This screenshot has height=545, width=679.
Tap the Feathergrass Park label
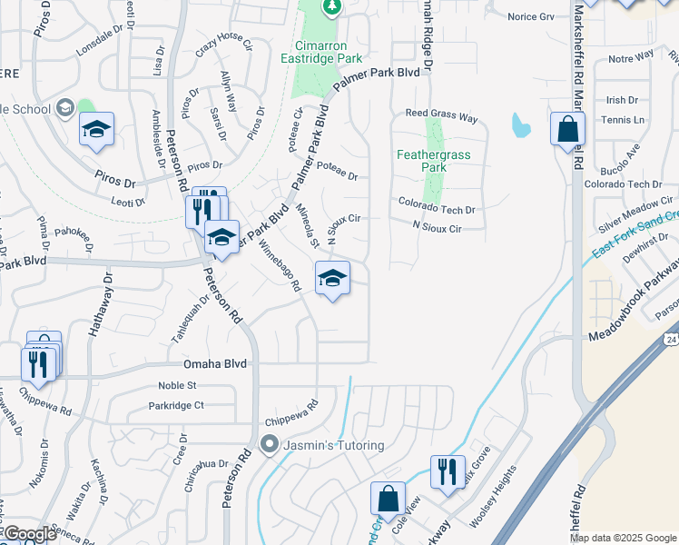pyautogui.click(x=434, y=161)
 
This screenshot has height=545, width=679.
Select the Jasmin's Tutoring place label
pyautogui.click(x=332, y=445)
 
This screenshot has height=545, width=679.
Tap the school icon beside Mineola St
pyautogui.click(x=332, y=279)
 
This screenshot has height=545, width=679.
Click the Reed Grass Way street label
pyautogui.click(x=441, y=116)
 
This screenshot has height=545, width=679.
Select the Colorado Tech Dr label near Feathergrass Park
pyautogui.click(x=438, y=209)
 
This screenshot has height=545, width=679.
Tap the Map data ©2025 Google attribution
pyautogui.click(x=623, y=538)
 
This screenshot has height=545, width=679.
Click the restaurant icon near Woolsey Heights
pyautogui.click(x=447, y=471)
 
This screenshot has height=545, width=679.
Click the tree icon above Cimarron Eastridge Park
pyautogui.click(x=332, y=8)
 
